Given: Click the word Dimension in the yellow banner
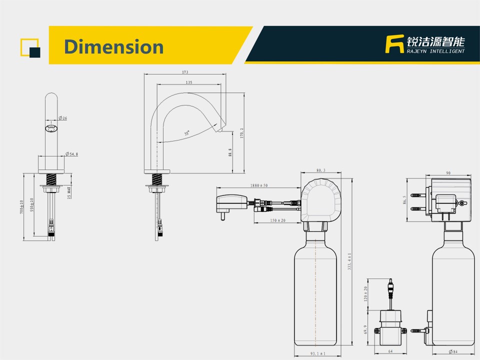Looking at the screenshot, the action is (x=113, y=47).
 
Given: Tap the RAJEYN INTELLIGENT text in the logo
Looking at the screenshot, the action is (x=435, y=51).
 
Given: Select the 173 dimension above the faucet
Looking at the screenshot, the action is (x=185, y=72).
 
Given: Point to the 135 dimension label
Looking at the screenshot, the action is (x=189, y=82).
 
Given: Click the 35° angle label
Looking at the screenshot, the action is (x=186, y=133).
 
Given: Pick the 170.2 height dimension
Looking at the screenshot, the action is (x=242, y=133).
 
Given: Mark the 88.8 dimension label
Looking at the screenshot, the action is (x=230, y=152).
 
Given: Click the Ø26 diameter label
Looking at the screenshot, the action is (x=63, y=118).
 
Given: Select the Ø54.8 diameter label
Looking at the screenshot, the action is (x=71, y=154).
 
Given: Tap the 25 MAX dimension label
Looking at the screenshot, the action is (x=69, y=192).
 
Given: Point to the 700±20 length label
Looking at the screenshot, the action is (x=21, y=207).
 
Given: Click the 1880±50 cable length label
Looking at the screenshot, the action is (x=259, y=185).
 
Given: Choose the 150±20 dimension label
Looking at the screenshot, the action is (x=277, y=220).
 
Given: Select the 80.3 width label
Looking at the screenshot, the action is (x=321, y=170).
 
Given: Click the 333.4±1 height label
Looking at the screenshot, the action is (x=349, y=261).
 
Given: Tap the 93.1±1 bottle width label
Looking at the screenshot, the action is (x=318, y=353).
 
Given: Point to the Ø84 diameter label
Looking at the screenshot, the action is (x=453, y=351).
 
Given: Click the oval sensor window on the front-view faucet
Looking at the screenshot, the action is (x=51, y=128).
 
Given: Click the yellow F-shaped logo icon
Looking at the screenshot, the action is (x=394, y=44).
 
